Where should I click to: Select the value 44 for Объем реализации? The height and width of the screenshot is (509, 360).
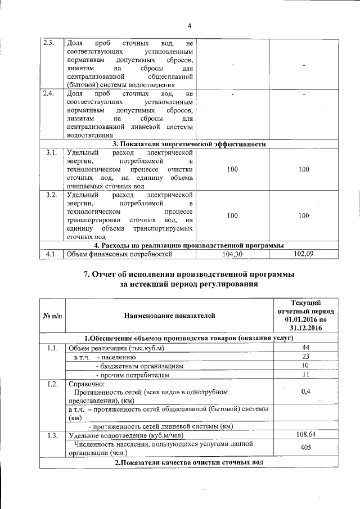(306, 348)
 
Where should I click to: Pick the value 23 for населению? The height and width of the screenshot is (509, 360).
(306, 357)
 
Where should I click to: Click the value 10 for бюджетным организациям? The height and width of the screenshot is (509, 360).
(306, 366)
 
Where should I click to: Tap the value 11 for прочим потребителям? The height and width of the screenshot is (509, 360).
(306, 375)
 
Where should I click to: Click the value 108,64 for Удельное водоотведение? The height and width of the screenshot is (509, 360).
(306, 435)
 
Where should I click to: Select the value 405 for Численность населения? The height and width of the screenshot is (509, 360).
(306, 448)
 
